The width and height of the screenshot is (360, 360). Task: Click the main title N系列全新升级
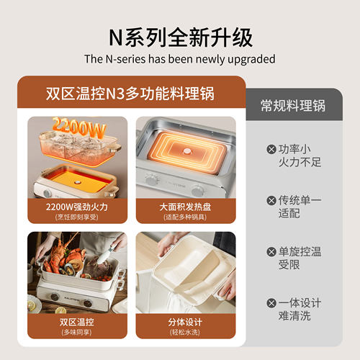(x=179, y=35)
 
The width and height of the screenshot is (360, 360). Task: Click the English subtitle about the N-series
(x=179, y=59)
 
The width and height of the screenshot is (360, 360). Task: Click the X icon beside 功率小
(x=271, y=148)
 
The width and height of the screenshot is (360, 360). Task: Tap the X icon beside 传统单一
(x=271, y=199)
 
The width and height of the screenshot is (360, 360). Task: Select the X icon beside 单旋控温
(x=271, y=251)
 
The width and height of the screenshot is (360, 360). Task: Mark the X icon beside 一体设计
(x=271, y=303)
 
